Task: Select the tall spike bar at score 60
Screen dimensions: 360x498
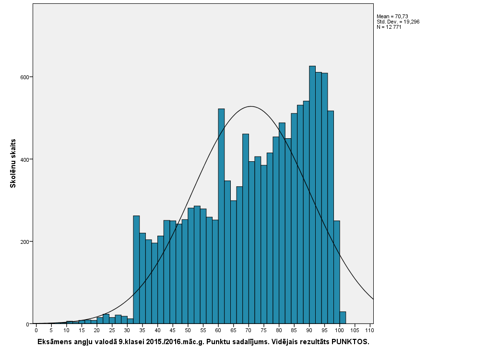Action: [221, 216]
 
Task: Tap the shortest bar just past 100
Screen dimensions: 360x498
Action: [343, 318]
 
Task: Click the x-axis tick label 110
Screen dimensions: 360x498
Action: [369, 330]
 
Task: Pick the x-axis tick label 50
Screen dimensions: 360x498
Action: [188, 330]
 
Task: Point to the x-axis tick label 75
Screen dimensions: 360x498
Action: [263, 330]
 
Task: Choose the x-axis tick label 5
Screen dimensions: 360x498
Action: [51, 330]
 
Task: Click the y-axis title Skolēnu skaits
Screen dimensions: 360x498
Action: [13, 163]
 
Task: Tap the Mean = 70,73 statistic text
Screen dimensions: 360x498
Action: [392, 16]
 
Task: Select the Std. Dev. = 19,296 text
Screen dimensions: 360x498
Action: [398, 22]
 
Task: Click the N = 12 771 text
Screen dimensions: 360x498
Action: [389, 27]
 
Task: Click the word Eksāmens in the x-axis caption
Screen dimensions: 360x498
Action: [55, 342]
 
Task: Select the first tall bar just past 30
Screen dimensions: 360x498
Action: [136, 269]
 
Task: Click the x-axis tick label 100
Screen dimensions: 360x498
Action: [339, 330]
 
